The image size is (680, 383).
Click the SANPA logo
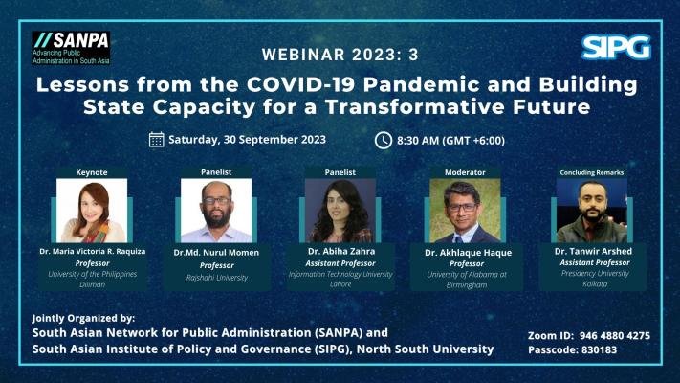pos(71,48)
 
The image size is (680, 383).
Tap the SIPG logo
pos(616,47)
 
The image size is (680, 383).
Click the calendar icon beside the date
pos(157,140)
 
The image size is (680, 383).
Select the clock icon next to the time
pos(384,140)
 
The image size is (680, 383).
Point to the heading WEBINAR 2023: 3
pos(340,55)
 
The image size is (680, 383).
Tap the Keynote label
pos(92,172)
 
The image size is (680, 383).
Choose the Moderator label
pos(465,172)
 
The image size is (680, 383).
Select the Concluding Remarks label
pos(591,172)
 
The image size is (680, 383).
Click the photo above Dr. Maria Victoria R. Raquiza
pos(92,211)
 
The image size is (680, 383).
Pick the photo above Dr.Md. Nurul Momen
pos(216,211)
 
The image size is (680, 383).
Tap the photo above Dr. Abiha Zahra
pos(340,211)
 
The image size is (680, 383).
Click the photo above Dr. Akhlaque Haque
pos(465,211)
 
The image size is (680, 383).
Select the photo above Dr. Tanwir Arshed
pos(591,211)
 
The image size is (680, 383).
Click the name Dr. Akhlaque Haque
pos(468,253)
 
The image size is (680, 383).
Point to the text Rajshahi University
pos(217,278)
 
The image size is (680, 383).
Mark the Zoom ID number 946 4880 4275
pos(615,336)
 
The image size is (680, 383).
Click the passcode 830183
pos(599,350)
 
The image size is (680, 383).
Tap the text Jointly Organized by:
pos(83,318)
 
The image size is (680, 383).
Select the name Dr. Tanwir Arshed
pos(593,252)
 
